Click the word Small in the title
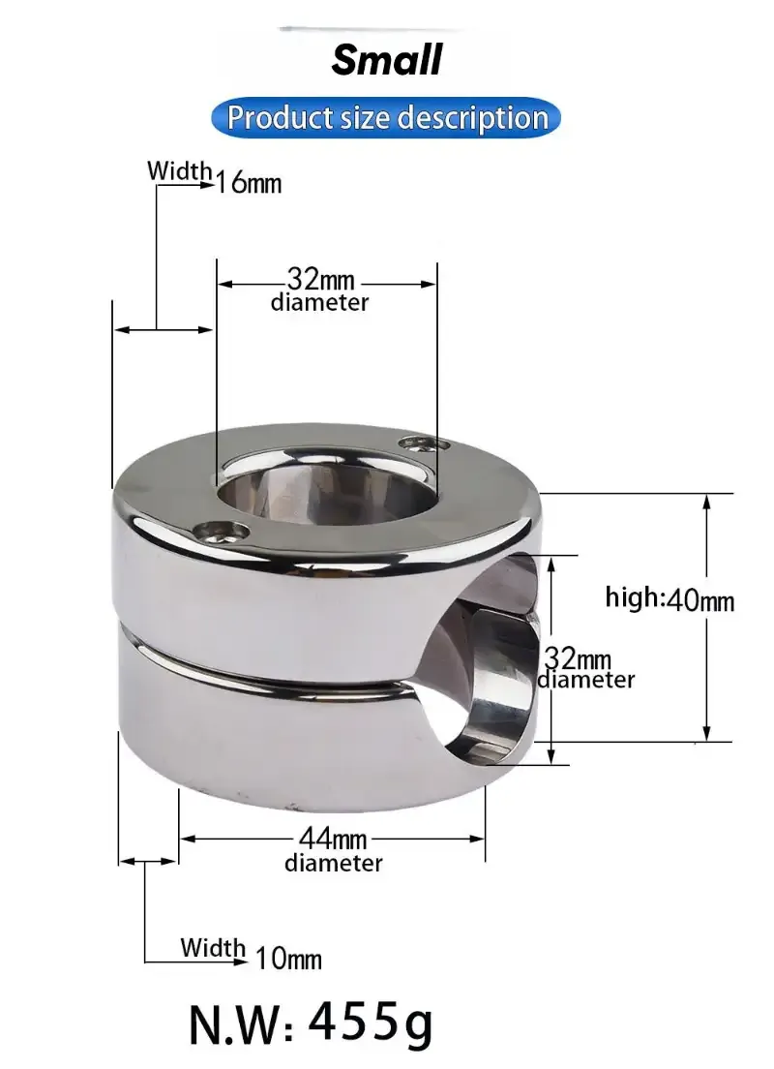click(387, 60)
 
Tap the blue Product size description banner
click(387, 118)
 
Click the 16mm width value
click(249, 182)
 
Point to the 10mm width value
click(288, 959)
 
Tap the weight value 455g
click(371, 1022)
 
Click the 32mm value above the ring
click(320, 282)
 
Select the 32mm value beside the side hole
click(578, 659)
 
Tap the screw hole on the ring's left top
click(221, 529)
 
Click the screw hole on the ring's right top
click(426, 444)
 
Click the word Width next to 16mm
click(179, 171)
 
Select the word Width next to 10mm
click(213, 947)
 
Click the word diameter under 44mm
click(333, 863)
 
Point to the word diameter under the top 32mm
click(319, 303)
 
